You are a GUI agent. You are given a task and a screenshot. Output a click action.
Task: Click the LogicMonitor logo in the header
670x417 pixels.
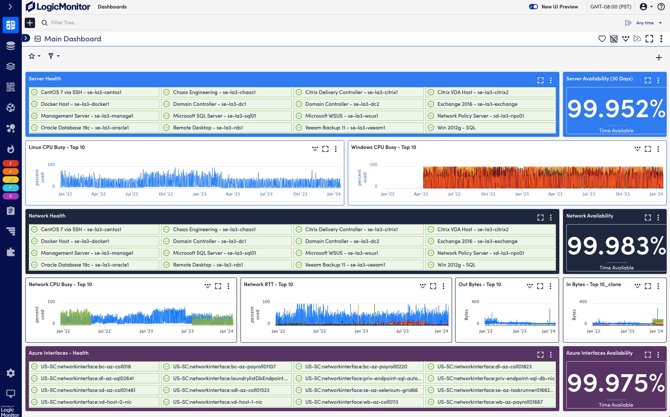pos(58,7)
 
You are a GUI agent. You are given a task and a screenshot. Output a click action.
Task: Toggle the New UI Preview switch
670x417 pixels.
pos(533,7)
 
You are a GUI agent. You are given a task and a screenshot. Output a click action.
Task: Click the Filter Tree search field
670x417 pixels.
pos(77,22)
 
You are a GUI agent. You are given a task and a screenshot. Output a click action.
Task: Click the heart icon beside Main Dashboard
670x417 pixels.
pos(602,39)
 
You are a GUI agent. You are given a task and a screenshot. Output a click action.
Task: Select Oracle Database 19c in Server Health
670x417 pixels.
pos(84,128)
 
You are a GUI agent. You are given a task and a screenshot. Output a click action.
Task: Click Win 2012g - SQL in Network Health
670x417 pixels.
pos(456,265)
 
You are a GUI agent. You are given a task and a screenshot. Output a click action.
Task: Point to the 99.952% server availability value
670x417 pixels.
pos(616,109)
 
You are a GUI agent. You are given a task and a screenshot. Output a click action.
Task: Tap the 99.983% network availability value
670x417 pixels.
pos(616,246)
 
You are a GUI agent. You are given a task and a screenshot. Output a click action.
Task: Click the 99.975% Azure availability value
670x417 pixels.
pos(616,383)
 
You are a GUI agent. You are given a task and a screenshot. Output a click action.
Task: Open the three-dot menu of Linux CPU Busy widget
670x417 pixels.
pos(336,149)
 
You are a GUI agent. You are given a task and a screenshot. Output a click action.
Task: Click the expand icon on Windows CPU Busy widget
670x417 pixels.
pos(648,149)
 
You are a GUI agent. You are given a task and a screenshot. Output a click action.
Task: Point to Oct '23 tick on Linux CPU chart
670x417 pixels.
pos(300,194)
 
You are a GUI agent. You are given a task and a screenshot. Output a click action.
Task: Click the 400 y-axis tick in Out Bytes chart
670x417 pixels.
pos(475,302)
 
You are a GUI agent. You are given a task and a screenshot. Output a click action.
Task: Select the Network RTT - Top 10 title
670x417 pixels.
pos(268,284)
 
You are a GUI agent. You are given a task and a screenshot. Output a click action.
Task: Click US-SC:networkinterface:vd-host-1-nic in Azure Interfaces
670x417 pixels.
pos(217,402)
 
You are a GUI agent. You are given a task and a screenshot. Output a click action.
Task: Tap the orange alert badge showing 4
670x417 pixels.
pos(11,171)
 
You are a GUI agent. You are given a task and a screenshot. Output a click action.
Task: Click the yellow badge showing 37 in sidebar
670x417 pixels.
pos(11,180)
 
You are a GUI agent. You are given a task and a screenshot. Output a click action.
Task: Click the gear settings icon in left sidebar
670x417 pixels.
pos(11,373)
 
